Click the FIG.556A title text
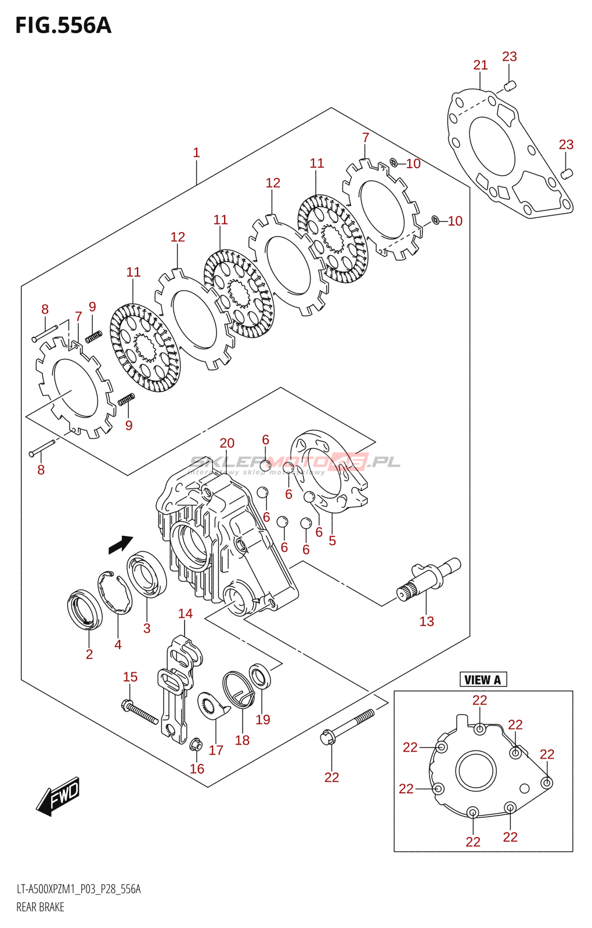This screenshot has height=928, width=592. click(63, 26)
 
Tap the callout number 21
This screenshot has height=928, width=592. click(481, 65)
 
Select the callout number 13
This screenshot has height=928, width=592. click(427, 621)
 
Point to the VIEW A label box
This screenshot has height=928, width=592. click(483, 680)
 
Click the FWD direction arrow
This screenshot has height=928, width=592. click(58, 796)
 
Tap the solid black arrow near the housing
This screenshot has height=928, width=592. click(121, 544)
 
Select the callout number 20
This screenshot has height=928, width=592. click(227, 443)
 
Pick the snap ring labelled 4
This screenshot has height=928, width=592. click(115, 592)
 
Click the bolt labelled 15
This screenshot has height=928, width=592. click(140, 713)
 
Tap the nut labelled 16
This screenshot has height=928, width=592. click(196, 744)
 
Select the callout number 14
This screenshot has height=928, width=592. click(185, 614)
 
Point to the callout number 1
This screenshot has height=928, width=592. click(196, 153)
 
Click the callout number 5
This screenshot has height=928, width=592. click(332, 541)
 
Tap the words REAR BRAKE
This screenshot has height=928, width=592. click(40, 907)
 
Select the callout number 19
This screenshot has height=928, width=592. click(263, 720)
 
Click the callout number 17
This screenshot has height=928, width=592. click(216, 751)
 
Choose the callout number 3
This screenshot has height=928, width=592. click(147, 628)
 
